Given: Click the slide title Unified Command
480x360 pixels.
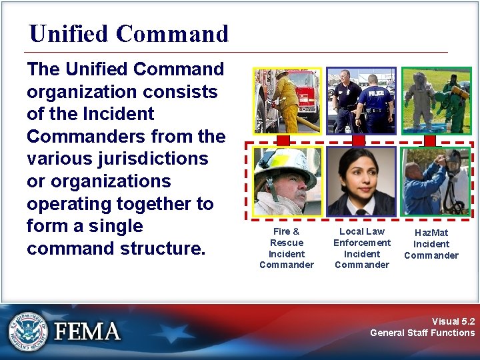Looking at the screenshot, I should (x=129, y=33).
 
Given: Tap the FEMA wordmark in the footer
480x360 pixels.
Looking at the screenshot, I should (x=87, y=331).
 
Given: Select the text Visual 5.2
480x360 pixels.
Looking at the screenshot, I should (x=453, y=321).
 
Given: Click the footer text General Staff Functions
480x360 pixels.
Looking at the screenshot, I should (x=422, y=333).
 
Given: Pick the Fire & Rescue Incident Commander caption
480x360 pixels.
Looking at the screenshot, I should (x=286, y=248).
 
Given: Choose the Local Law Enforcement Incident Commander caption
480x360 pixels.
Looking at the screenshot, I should (x=361, y=248).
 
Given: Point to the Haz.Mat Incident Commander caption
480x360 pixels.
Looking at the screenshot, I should (x=431, y=244).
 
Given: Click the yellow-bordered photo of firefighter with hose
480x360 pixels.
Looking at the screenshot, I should (x=287, y=101).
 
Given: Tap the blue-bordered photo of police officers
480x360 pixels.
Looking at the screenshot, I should (x=361, y=101).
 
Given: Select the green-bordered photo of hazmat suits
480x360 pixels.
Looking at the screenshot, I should (x=436, y=101).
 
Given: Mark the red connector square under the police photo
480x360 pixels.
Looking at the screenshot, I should (x=359, y=141).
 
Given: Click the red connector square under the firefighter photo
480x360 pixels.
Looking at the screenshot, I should (x=283, y=141).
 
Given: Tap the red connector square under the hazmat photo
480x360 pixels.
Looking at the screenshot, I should (x=430, y=141).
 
